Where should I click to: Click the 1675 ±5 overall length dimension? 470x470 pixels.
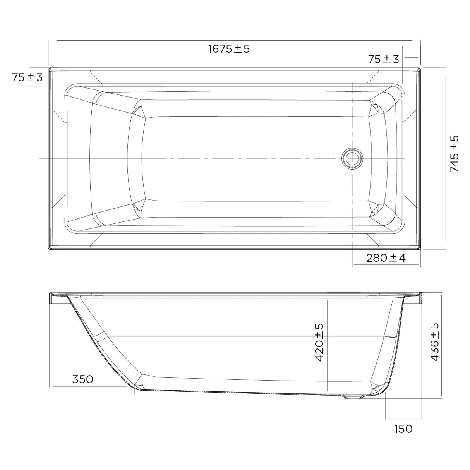[229, 49]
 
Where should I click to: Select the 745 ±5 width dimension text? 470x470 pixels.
[455, 154]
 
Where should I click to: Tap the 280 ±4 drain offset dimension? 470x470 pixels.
[386, 258]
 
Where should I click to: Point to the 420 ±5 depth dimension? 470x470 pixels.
[319, 343]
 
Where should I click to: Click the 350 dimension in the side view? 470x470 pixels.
[83, 379]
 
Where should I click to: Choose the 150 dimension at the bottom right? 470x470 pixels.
[403, 429]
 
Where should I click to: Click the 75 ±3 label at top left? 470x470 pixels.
[27, 77]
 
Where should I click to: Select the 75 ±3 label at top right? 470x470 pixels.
[383, 59]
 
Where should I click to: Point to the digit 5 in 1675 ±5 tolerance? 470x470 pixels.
[247, 49]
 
